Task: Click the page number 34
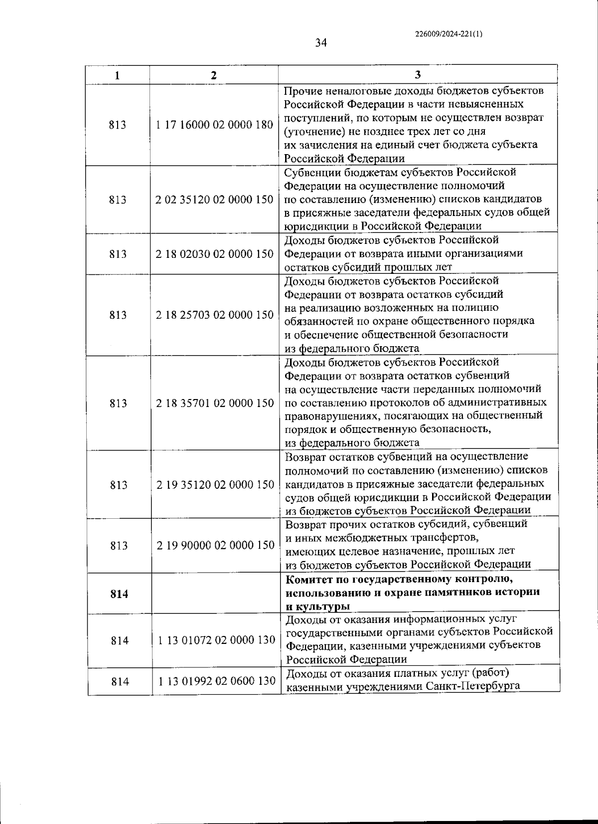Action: (x=321, y=43)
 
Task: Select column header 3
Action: (x=418, y=75)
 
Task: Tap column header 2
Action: (x=214, y=75)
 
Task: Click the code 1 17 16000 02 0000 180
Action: (x=214, y=125)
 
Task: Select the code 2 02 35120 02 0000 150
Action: (x=214, y=200)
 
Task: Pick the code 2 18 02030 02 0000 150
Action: (x=214, y=254)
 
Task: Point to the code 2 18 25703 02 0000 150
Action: (x=214, y=315)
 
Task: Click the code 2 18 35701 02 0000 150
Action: (x=215, y=403)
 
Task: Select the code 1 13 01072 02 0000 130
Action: (x=216, y=640)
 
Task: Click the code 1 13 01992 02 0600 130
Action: (x=217, y=680)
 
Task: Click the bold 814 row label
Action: (x=119, y=594)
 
